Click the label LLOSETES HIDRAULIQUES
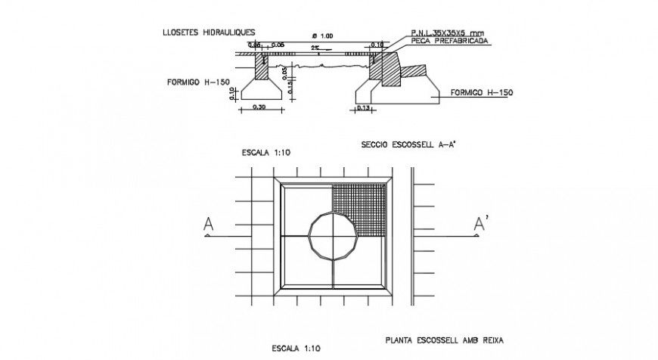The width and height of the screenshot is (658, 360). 208,33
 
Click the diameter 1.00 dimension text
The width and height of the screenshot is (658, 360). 323,36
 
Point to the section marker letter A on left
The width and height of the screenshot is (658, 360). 206,224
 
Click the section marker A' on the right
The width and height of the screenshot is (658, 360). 478,223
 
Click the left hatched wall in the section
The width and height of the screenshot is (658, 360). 259,67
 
